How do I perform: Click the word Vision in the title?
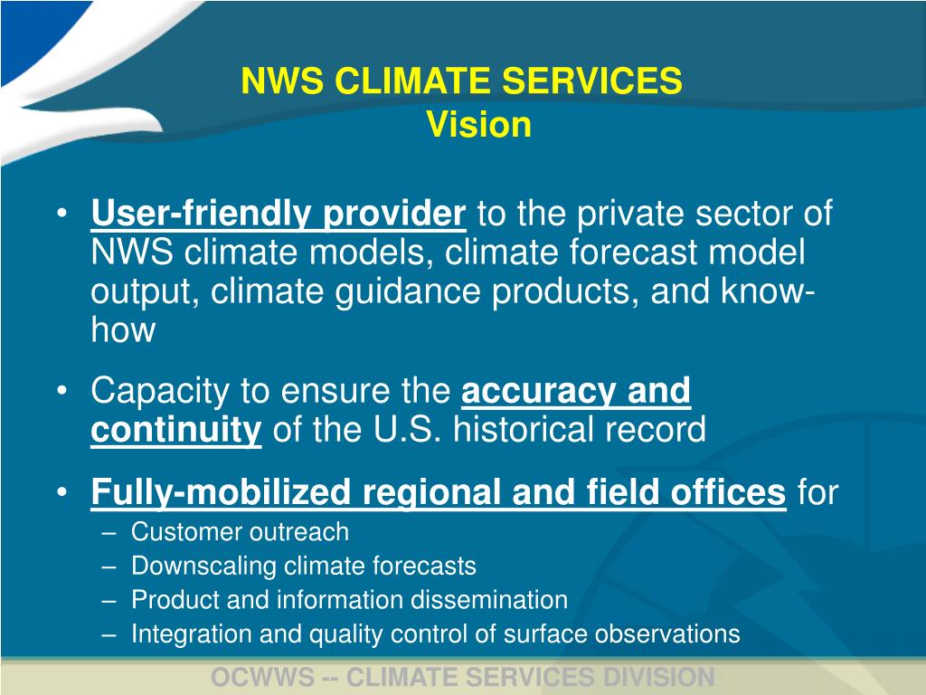tap(478, 125)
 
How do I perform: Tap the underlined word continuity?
tap(175, 430)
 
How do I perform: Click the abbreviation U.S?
tap(408, 430)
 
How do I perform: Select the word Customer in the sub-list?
tap(185, 532)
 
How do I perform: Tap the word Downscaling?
tap(204, 566)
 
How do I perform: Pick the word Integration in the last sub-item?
tap(192, 634)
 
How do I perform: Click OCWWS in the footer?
tap(262, 677)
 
